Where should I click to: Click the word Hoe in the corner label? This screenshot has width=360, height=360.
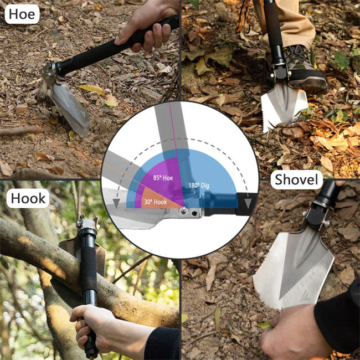point(22,13)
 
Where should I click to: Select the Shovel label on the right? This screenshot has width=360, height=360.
point(297,179)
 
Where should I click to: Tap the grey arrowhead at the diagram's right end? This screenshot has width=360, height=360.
point(248,203)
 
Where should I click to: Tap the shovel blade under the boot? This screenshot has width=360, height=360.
point(282,105)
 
